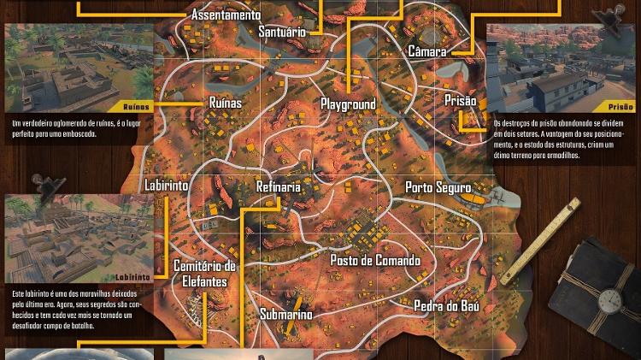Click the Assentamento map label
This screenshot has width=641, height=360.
[x=226, y=15]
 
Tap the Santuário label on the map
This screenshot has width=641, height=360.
[x=282, y=32]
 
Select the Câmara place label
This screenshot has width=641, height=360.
[x=426, y=51]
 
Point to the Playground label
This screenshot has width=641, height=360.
[x=348, y=104]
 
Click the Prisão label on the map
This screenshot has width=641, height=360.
[x=460, y=101]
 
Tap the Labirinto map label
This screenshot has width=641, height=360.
[x=167, y=186]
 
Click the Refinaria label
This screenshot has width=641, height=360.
[x=279, y=187]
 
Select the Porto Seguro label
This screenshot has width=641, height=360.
[x=438, y=187]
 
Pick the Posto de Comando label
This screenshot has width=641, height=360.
[x=375, y=260]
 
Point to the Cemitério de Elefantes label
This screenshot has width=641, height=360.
[x=205, y=274]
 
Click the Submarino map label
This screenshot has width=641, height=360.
[x=285, y=314]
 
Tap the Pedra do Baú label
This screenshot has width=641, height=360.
[x=446, y=305]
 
